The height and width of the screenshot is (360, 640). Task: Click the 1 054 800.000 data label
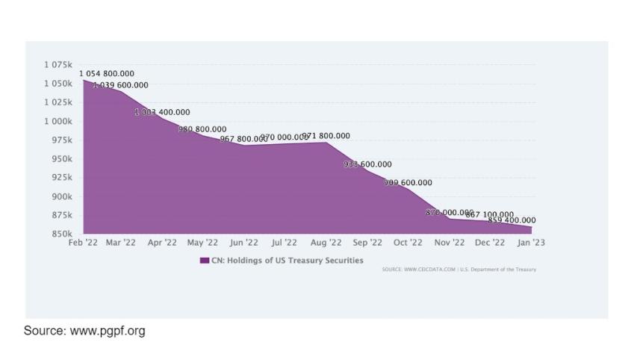(x=107, y=73)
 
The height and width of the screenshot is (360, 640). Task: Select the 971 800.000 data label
(x=326, y=136)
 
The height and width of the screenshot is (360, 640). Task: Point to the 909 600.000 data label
(x=408, y=182)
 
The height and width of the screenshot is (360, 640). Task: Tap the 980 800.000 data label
(x=202, y=129)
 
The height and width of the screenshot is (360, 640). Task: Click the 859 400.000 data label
(x=512, y=220)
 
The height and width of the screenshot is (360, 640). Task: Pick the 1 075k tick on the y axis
(x=59, y=64)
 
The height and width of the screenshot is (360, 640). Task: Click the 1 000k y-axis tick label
(x=59, y=121)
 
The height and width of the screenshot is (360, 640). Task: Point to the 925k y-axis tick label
(x=61, y=177)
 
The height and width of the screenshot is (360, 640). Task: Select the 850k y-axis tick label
(x=61, y=234)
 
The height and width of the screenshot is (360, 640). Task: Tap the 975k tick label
(x=61, y=140)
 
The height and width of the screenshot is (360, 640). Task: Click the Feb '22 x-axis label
(x=82, y=243)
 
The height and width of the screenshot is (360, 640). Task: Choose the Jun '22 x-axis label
(x=243, y=243)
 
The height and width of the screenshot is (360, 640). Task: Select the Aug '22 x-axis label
(x=326, y=243)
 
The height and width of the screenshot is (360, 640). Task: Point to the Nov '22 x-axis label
(x=450, y=243)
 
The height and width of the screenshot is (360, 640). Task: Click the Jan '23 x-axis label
(x=532, y=243)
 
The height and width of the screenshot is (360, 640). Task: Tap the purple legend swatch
(x=204, y=261)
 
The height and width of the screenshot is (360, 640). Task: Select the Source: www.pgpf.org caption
(x=84, y=330)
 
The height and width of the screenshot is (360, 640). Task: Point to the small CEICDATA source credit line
(x=459, y=269)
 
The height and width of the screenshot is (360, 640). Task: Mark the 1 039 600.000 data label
(x=121, y=85)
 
